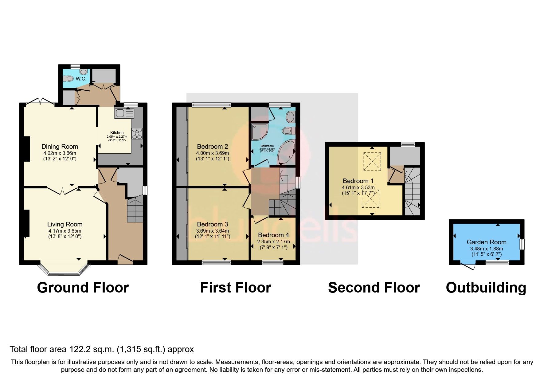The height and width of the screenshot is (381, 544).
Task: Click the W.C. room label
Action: [81, 79]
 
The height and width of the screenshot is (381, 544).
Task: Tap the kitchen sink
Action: [124, 113]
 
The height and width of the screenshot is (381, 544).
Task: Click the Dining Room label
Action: [60, 147]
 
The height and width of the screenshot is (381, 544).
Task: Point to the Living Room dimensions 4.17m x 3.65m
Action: [65, 231]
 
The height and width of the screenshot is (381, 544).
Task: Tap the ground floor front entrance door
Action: [125, 260]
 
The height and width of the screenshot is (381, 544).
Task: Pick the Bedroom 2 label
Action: [212, 147]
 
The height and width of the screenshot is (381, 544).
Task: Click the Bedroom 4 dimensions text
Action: [273, 242]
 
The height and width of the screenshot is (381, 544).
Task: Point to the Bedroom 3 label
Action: [212, 224]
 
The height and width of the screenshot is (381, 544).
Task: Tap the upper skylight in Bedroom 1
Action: [372, 161]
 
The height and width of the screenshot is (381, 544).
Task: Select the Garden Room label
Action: [486, 242]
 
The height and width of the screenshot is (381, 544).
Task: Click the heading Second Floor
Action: [374, 288]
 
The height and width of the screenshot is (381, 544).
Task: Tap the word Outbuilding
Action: [486, 288]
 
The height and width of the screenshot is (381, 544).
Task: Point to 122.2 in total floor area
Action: [78, 349]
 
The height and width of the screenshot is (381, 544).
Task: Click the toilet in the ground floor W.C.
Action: [70, 79]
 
